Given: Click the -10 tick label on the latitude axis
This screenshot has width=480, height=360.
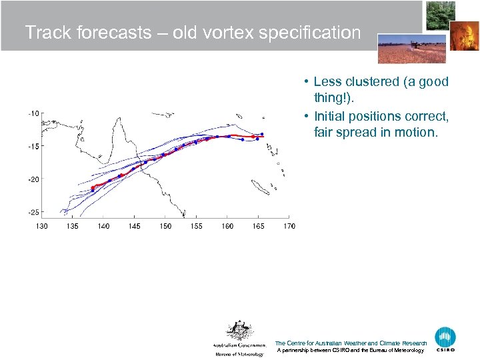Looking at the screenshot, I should click(33, 113).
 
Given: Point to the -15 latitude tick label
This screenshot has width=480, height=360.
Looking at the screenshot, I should click(33, 146).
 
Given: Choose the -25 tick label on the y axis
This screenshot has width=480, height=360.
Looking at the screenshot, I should click(33, 212).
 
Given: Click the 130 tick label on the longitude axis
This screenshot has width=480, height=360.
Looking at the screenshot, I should click(41, 226).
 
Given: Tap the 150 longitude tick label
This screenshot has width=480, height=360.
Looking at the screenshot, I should click(165, 226).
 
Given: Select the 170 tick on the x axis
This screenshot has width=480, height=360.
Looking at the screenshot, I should click(289, 226).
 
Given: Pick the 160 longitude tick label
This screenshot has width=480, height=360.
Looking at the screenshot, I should click(227, 226).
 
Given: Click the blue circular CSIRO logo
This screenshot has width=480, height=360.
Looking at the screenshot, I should click(445, 338).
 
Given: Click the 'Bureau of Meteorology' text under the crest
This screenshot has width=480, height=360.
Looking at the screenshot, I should click(239, 354).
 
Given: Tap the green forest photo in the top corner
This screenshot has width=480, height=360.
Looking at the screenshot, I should click(440, 15).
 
